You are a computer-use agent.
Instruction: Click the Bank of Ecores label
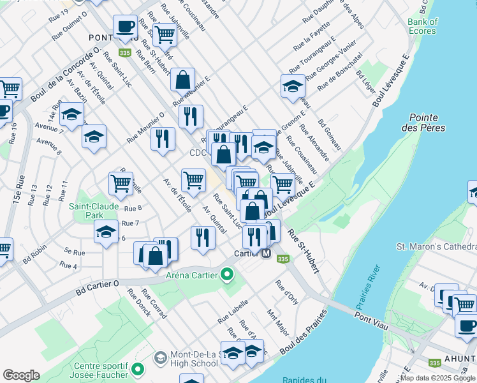(x=423, y=26)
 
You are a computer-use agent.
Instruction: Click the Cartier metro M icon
(x=267, y=253)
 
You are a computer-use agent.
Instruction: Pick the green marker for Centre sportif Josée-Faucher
(x=137, y=369)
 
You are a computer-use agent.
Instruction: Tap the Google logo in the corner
(x=21, y=375)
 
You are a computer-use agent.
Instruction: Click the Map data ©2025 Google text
(x=437, y=378)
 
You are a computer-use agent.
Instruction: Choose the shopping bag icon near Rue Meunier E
(x=183, y=80)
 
